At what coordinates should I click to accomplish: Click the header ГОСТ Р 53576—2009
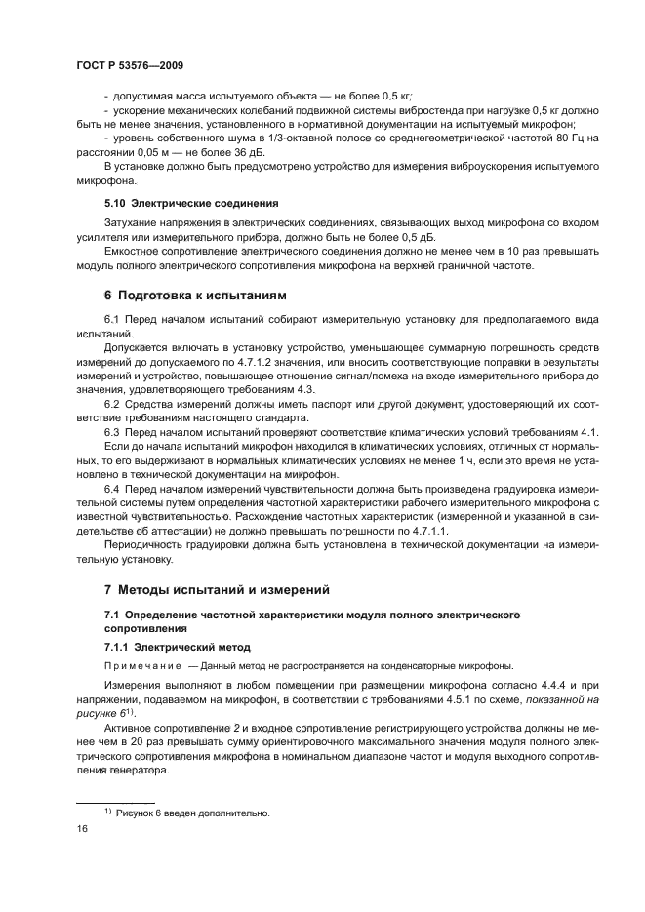131,65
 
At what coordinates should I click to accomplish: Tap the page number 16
82,828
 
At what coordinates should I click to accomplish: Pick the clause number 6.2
111,404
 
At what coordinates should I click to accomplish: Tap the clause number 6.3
111,432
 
